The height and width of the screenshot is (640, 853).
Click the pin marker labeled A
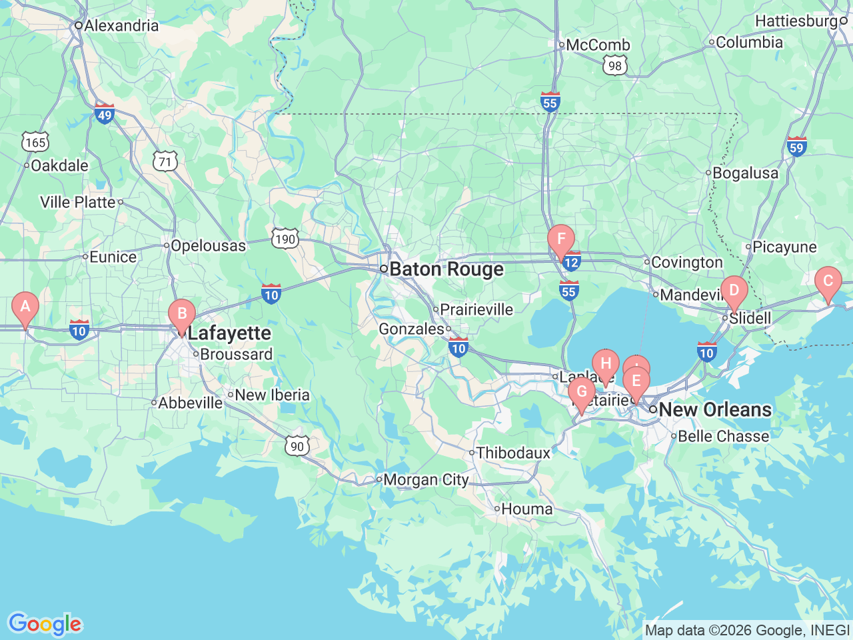(25, 307)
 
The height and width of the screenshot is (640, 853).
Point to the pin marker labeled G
(581, 392)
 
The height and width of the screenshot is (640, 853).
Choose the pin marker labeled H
(605, 364)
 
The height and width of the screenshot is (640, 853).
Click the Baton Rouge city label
(446, 269)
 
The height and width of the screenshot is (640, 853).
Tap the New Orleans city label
(715, 409)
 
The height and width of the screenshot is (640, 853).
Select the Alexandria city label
(121, 26)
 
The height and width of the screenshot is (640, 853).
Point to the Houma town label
(526, 509)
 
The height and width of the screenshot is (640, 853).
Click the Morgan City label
(426, 480)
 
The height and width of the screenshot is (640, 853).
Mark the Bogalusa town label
(745, 173)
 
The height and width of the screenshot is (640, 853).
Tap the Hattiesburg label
(796, 21)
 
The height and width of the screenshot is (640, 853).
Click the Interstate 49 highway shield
(104, 114)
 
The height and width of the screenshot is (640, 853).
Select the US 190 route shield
(285, 239)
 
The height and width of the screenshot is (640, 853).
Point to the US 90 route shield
(297, 447)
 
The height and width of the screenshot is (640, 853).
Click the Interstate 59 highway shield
(796, 147)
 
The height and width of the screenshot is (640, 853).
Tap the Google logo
(45, 624)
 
